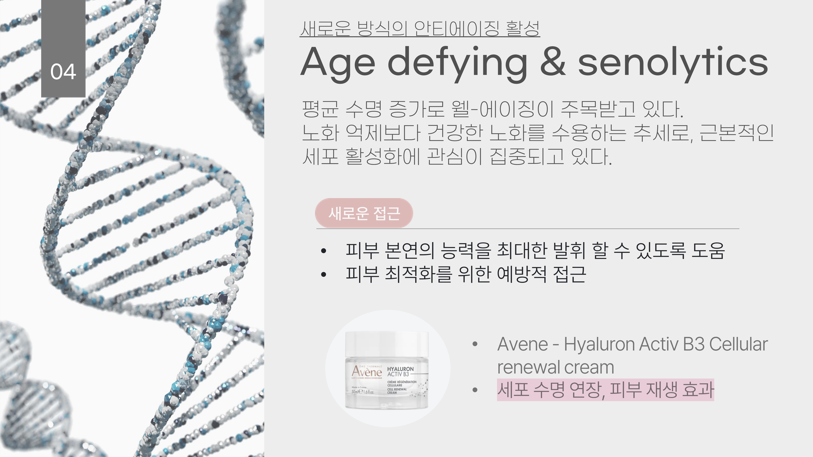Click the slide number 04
63,72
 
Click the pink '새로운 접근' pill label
364,213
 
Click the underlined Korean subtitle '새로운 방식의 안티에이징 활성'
420,28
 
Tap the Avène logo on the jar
367,372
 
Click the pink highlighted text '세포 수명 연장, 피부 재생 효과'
605,390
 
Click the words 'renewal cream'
555,367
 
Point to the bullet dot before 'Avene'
475,344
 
